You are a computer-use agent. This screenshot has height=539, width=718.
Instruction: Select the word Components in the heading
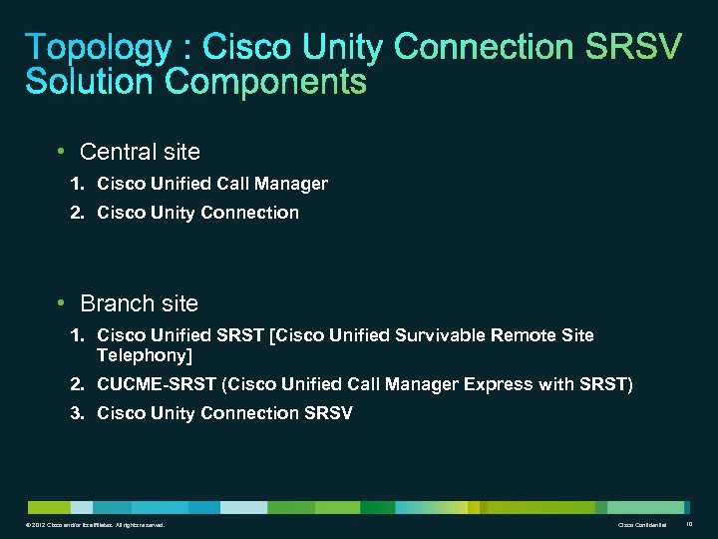266,81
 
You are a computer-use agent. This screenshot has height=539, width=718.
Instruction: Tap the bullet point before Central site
62,152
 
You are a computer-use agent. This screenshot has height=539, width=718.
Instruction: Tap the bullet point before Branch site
62,302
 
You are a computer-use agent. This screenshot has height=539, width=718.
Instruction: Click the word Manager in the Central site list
291,184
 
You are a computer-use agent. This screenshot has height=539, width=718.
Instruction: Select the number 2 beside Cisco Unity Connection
76,213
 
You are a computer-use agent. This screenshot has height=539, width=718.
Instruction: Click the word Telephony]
144,355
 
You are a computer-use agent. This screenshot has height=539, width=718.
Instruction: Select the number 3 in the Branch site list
76,413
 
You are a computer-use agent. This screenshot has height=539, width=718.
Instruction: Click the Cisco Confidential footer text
641,525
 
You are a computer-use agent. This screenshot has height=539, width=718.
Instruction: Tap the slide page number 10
691,524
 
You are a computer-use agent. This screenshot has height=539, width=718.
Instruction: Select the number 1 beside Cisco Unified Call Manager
76,184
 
